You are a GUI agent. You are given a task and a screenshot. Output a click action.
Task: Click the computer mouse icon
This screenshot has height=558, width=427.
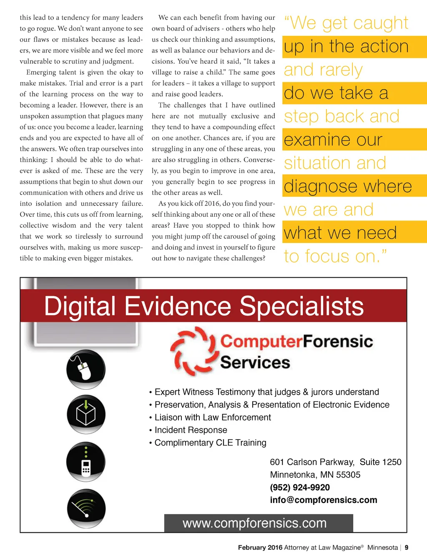coord(86,370)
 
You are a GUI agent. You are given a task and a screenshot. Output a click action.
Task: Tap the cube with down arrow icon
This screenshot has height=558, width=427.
coord(86,414)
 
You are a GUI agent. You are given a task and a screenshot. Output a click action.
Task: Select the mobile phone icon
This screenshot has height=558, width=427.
coord(86,463)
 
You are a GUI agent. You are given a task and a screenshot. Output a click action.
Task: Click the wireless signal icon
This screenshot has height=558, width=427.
coord(86,508)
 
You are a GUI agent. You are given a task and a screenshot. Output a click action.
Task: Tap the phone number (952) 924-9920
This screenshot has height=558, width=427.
coord(300,487)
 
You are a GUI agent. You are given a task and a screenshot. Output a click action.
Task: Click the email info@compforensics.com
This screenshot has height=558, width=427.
coord(324,500)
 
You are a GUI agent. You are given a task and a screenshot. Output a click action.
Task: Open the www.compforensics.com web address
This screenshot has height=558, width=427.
coord(254,523)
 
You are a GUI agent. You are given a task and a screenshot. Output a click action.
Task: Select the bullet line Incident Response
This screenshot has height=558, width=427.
coord(191,430)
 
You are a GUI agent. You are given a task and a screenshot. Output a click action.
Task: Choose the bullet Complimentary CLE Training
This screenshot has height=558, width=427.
coord(210,443)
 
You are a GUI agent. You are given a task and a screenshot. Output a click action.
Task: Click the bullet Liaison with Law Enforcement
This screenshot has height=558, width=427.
coord(213,418)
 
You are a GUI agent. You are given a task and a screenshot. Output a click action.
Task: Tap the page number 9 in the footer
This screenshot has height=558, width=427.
coord(407,548)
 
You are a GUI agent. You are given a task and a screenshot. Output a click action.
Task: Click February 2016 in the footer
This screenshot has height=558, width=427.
coord(260,548)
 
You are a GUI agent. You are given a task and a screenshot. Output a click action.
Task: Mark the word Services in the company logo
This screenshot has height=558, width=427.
coord(255,363)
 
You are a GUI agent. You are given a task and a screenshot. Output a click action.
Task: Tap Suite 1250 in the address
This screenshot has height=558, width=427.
coord(380,462)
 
